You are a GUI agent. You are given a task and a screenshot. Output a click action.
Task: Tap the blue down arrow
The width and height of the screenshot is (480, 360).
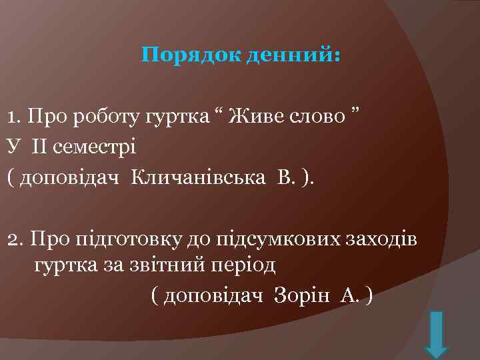point(436,333)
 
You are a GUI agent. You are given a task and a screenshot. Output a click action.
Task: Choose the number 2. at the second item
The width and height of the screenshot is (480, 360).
point(15,238)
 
